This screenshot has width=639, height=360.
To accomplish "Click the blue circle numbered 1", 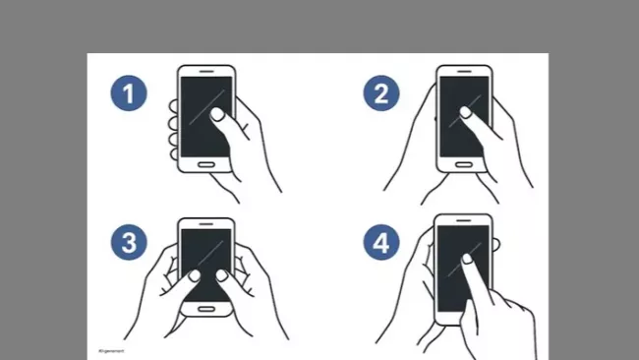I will coord(128,94).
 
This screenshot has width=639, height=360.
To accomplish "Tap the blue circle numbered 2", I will coord(381,94).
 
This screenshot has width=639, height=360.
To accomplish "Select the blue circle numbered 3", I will coord(128,243).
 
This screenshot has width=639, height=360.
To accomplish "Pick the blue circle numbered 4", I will coord(381,243).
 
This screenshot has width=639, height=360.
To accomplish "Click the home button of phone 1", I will coord(205,163).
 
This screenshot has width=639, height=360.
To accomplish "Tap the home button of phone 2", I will coord(463,164).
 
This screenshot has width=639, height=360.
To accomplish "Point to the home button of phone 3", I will coord(205,309).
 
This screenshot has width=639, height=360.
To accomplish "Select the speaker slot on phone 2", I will coord(464,72).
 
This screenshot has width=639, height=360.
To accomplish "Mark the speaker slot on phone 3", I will coord(206,223).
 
